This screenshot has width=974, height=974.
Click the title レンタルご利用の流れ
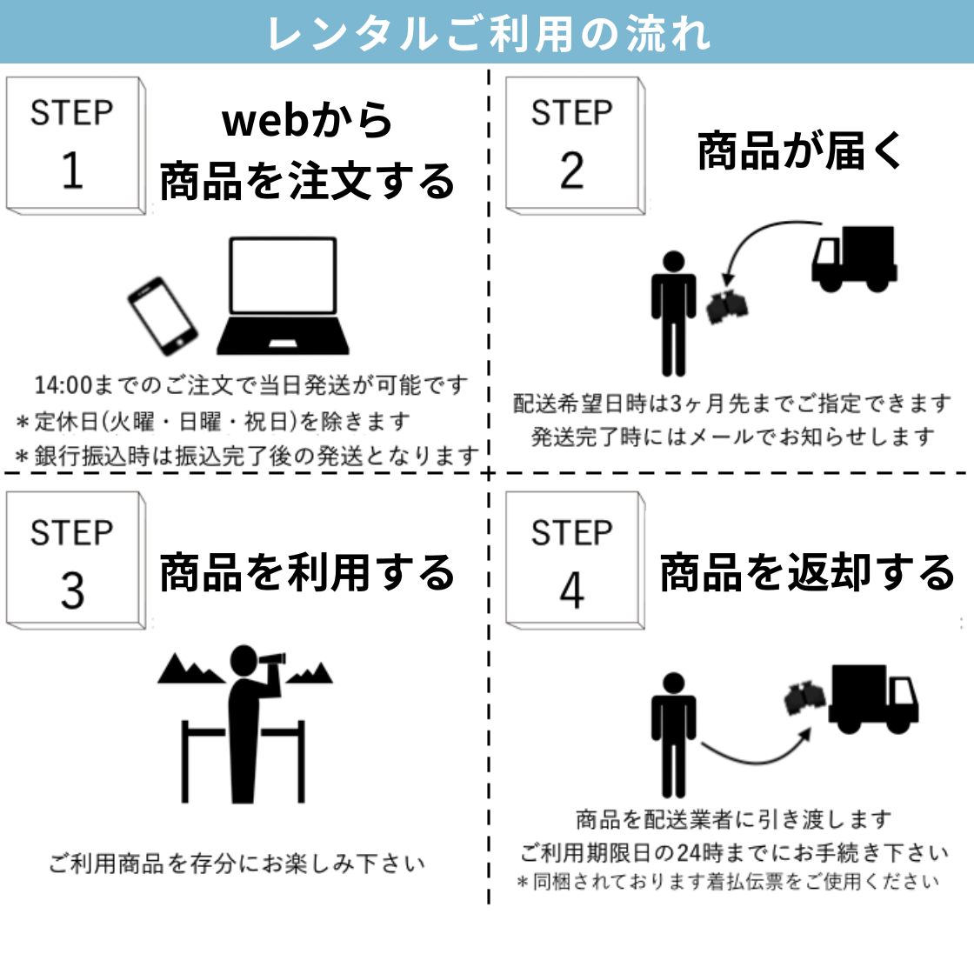click(x=489, y=34)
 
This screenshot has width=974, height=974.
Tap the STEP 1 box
click(x=76, y=146)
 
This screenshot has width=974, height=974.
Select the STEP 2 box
click(x=575, y=146)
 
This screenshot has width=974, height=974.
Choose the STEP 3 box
click(x=76, y=561)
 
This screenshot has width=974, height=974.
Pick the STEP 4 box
click(x=575, y=561)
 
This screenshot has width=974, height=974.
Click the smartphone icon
click(x=163, y=317)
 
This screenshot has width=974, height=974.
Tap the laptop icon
click(x=283, y=296)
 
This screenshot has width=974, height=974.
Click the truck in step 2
click(x=853, y=258)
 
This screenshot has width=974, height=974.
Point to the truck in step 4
click(x=873, y=699)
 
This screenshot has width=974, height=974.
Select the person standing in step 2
click(x=673, y=314)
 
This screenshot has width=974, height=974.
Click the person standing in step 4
click(x=673, y=736)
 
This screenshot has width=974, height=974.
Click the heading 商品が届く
click(x=800, y=151)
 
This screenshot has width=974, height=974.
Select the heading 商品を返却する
click(x=806, y=572)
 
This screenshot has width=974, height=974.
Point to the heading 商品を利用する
click(x=307, y=572)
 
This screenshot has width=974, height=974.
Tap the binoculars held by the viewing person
click(x=273, y=658)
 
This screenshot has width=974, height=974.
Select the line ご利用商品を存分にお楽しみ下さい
click(x=237, y=864)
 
